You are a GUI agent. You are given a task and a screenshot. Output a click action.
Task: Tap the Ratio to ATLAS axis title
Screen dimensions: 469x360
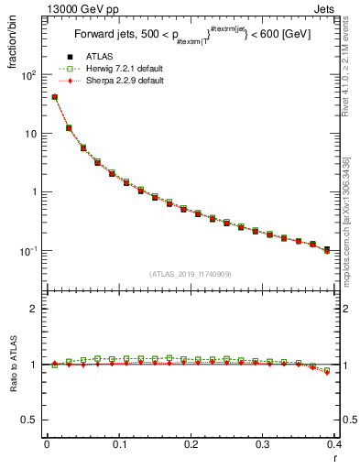click(12, 366)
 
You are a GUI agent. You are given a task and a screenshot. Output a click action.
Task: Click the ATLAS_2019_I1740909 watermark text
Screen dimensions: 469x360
click(190, 273)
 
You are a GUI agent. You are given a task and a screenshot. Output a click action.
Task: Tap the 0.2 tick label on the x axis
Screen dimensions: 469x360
click(191, 443)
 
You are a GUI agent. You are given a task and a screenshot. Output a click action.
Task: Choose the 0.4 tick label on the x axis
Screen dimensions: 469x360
click(334, 443)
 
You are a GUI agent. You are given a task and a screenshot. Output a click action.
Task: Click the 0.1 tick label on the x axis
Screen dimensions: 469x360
click(118, 443)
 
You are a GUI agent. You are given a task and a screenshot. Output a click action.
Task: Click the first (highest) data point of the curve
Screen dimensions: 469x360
click(55, 96)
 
